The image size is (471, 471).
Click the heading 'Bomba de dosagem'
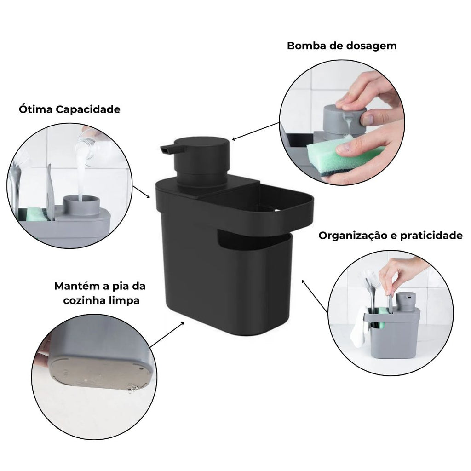coord(341,46)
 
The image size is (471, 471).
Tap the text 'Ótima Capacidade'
coord(69,109)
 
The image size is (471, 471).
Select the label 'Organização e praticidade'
coord(391,236)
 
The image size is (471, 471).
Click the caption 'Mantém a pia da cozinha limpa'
coord(100,293)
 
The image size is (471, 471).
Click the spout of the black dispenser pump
coord(166,149)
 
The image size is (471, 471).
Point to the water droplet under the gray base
coord(132,390)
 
